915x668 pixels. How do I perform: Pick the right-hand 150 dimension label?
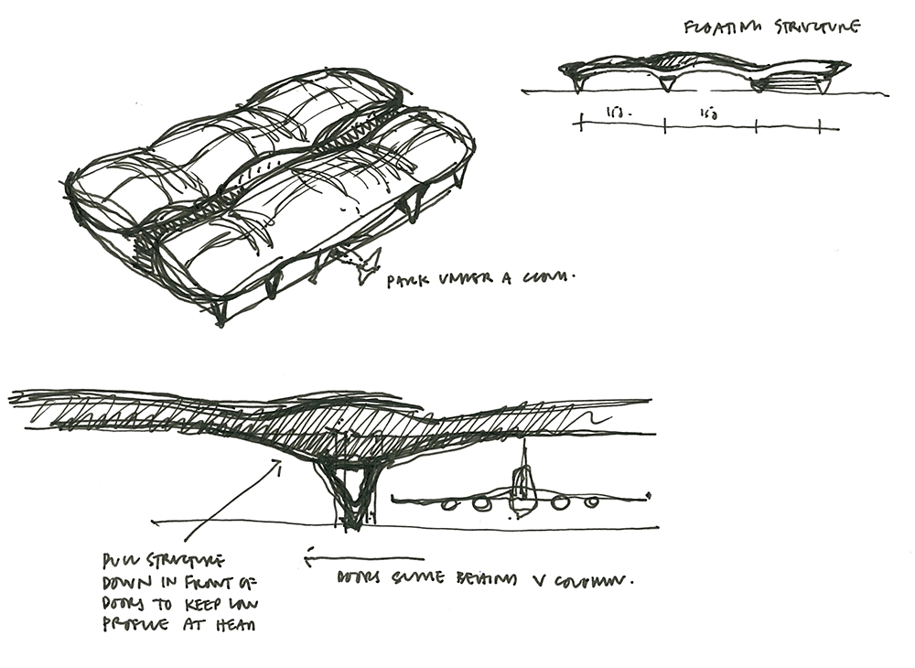(x=707, y=113)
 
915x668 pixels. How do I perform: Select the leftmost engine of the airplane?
(x=449, y=503)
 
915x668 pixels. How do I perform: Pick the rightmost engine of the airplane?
(x=592, y=502)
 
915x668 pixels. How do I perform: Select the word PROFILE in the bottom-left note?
(x=135, y=627)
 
